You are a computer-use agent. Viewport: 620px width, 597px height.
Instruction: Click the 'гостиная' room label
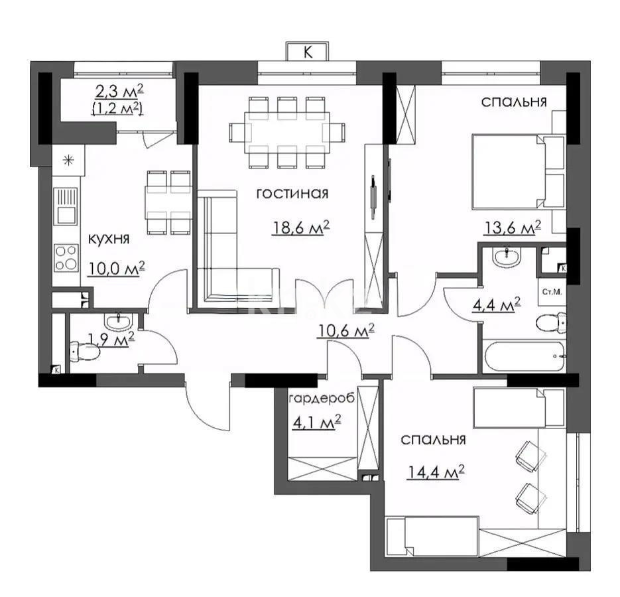pos(292,194)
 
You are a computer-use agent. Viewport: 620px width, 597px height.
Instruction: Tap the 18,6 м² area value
pos(301,228)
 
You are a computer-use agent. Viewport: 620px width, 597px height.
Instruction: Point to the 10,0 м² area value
pos(116,267)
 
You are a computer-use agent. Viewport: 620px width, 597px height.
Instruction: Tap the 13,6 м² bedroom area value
pos(511,228)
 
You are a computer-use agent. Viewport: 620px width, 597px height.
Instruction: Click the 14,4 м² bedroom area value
pos(434,472)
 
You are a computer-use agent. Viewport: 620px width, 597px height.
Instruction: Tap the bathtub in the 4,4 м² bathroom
pos(525,358)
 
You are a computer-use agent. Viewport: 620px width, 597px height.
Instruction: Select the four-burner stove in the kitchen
pos(66,257)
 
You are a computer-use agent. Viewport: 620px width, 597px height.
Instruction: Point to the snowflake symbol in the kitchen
pos(67,159)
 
